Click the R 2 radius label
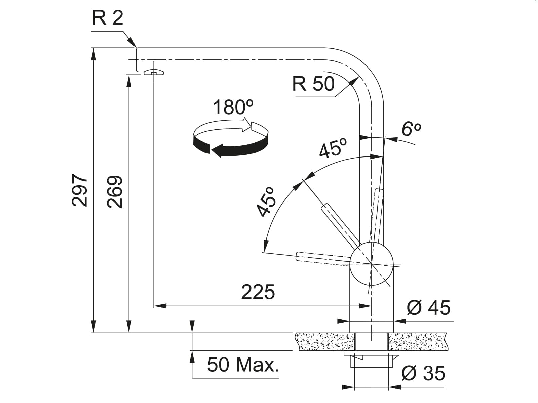click(x=108, y=18)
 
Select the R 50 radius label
click(x=313, y=84)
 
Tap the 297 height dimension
click(x=80, y=190)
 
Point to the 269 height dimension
click(x=115, y=191)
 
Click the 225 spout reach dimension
click(x=258, y=292)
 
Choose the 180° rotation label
click(x=233, y=107)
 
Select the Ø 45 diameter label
click(x=428, y=307)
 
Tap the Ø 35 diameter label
click(x=423, y=373)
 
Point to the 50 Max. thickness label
click(x=243, y=365)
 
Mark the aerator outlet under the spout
click(x=153, y=73)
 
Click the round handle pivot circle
click(x=372, y=264)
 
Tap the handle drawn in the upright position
click(x=377, y=212)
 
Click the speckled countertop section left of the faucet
click(x=324, y=342)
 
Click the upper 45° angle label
click(x=333, y=148)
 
